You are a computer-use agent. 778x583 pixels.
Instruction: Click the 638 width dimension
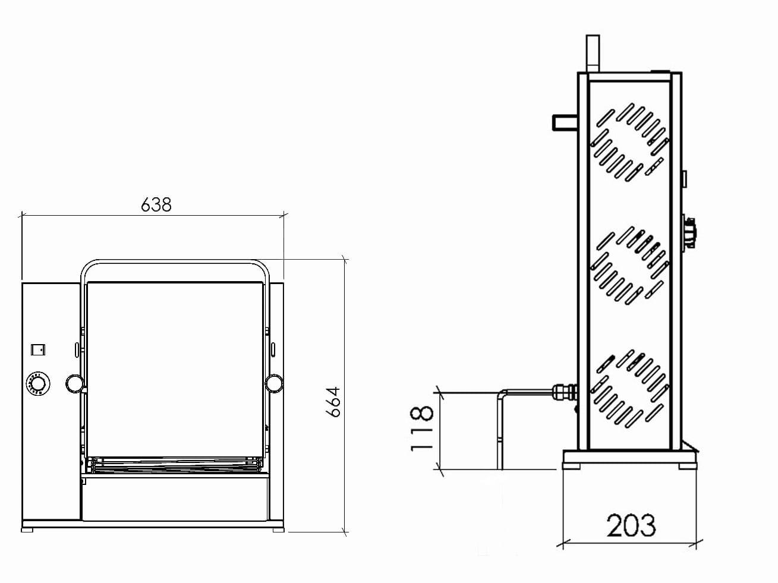tap(156, 204)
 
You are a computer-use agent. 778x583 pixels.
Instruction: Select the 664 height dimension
tap(333, 402)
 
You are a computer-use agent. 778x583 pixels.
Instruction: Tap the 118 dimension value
tap(421, 429)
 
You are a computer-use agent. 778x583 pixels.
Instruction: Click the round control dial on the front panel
tap(38, 384)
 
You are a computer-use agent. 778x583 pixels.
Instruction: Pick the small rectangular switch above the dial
tap(38, 350)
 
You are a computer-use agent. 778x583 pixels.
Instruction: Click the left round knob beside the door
tap(75, 384)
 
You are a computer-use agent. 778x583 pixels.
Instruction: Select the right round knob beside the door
tap(274, 383)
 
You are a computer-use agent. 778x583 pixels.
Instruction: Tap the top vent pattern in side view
tap(629, 142)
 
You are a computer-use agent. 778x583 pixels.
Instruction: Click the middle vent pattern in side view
tap(629, 266)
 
